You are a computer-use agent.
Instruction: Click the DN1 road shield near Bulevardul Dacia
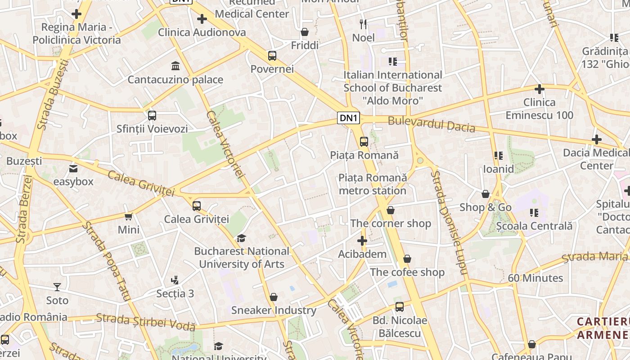[x=349, y=118]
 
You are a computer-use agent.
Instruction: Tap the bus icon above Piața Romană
[x=364, y=142]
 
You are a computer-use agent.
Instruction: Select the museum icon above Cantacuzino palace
[x=175, y=67]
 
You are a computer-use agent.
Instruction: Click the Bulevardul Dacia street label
[x=431, y=124]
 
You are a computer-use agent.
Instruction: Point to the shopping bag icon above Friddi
[x=305, y=32]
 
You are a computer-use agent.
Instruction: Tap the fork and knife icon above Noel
[x=363, y=24]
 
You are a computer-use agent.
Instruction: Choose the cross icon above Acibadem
[x=362, y=241]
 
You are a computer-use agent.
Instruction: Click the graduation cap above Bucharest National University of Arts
[x=242, y=238]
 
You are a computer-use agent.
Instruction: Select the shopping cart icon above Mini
[x=129, y=217]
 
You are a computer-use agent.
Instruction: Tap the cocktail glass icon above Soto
[x=57, y=287]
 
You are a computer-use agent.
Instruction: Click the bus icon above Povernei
[x=272, y=56]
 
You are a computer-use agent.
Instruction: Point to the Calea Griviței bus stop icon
[x=197, y=206]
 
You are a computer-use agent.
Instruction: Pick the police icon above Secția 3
[x=175, y=280]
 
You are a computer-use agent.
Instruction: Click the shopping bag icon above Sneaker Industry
[x=274, y=297]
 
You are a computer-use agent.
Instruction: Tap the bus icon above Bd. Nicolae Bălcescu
[x=400, y=307]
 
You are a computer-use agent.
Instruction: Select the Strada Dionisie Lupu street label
[x=449, y=223]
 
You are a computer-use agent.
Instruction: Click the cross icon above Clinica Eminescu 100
[x=539, y=89]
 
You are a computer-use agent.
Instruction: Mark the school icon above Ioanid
[x=498, y=156]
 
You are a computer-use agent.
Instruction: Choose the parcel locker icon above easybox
[x=73, y=169]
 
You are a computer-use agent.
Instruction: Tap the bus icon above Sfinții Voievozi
[x=152, y=116]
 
